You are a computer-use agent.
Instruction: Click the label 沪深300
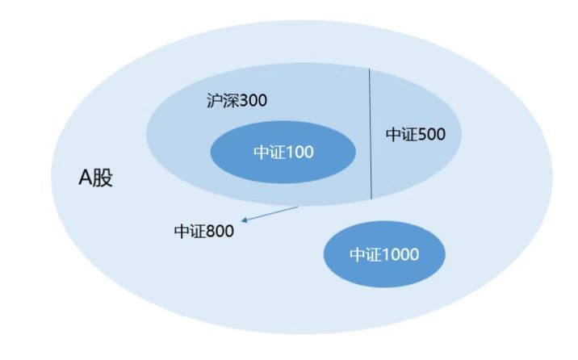237,101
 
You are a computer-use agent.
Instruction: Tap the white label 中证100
284,153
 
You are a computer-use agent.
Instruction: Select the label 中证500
416,134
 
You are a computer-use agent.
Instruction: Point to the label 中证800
204,232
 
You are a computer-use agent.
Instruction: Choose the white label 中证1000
384,254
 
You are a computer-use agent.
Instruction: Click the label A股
95,178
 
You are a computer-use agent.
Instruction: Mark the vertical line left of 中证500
371,134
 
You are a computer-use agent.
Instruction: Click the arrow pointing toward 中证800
270,214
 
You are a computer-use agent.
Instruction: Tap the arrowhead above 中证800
244,220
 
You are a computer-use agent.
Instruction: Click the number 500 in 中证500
432,135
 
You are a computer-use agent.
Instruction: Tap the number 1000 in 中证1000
401,254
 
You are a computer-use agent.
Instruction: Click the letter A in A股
85,178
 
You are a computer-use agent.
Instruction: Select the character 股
103,178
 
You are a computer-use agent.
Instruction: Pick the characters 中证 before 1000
366,254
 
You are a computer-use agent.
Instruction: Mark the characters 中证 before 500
402,134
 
